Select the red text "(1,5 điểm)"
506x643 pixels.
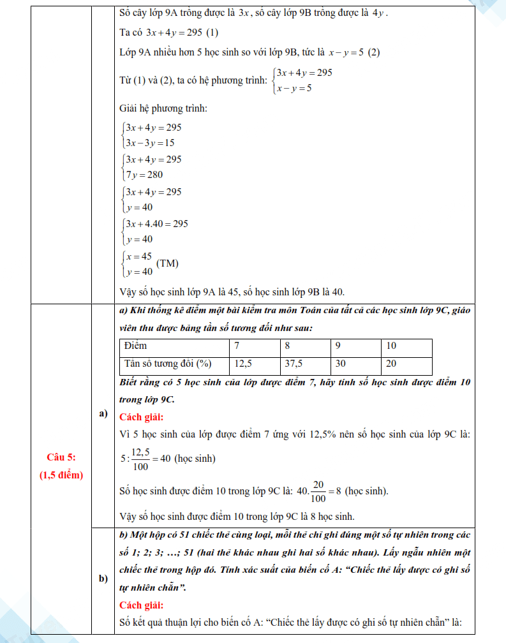tap(61, 475)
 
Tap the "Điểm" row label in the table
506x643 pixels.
tap(136, 346)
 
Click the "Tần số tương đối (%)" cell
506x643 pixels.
tap(168, 364)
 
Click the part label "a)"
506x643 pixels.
tap(103, 414)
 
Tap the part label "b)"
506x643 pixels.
tap(103, 579)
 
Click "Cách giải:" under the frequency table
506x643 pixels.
tap(142, 417)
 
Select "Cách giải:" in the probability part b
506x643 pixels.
tap(142, 605)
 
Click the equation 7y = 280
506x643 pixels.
tap(145, 175)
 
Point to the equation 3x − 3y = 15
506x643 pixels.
tap(151, 143)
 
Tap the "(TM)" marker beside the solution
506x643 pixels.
tap(167, 263)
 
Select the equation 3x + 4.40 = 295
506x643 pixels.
tap(157, 224)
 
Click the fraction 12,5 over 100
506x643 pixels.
tap(140, 459)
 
